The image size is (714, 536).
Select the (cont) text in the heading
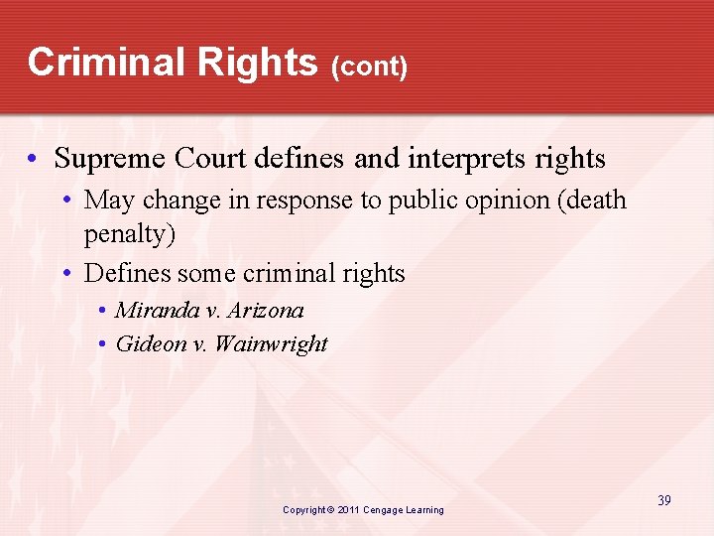pos(370,67)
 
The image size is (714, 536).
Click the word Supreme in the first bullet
pos(110,158)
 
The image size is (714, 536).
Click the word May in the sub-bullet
pos(109,201)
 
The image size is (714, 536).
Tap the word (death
pos(592,201)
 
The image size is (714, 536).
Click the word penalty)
pos(129,236)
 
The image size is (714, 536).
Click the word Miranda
pos(157,310)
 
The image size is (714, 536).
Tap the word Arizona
pos(265,310)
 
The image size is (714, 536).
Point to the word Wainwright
pos(270,344)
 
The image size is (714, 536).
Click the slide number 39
pos(663,500)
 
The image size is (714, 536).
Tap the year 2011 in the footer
pos(347,510)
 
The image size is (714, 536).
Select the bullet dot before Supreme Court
pos(35,159)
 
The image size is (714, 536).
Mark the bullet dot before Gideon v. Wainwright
pos(103,345)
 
